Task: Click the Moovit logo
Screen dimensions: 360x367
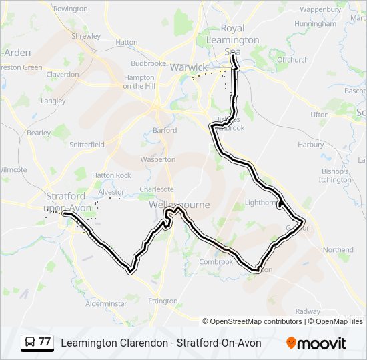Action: (316, 343)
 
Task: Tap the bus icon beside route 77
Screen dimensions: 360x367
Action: (29, 343)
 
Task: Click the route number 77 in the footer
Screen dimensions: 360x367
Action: (45, 343)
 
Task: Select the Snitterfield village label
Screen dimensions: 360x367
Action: (87, 144)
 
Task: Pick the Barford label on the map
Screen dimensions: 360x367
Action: (165, 131)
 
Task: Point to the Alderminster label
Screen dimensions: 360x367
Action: (106, 303)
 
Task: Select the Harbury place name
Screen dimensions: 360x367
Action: (311, 144)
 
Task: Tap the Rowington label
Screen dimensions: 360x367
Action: (70, 9)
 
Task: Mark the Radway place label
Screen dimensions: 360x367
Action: (308, 311)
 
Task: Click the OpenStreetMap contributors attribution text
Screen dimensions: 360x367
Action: (252, 321)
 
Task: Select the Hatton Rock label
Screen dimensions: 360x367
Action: (111, 175)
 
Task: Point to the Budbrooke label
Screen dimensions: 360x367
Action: (148, 63)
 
